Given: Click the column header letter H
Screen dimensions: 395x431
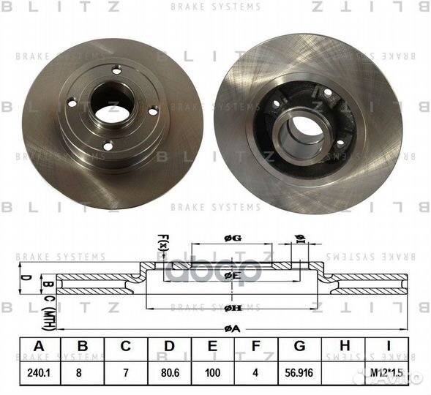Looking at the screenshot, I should [x=345, y=346].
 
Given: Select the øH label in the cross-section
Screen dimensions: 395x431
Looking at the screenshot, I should [x=232, y=308].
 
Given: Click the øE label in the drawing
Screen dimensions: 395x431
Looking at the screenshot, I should [x=232, y=276].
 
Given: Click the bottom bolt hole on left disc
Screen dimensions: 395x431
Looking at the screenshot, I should [x=108, y=146].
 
